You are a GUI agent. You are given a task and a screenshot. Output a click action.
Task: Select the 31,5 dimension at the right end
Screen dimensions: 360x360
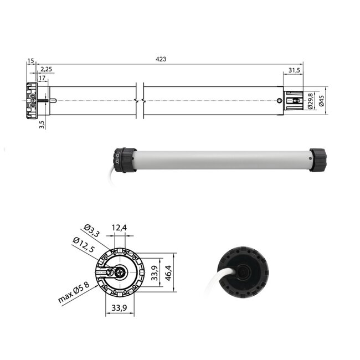click(295, 70)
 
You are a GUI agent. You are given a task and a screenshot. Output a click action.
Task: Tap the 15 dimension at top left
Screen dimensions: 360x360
click(30, 60)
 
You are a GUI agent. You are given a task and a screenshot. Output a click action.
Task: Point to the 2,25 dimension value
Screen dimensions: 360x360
click(47, 69)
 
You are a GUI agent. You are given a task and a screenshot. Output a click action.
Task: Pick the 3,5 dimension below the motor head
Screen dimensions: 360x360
click(41, 125)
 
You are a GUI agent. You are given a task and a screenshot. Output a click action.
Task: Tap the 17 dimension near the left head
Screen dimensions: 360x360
click(43, 79)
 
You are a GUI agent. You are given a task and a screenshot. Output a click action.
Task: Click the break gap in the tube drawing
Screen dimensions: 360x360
click(139, 101)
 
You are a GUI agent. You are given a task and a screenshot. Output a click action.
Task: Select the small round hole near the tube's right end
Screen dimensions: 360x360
click(278, 100)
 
